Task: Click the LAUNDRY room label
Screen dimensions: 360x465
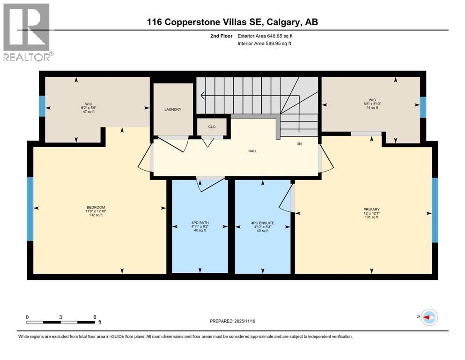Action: click(x=173, y=109)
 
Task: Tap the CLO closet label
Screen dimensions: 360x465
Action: click(x=212, y=126)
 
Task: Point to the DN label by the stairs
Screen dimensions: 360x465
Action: click(x=299, y=144)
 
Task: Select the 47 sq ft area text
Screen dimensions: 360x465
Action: click(x=85, y=112)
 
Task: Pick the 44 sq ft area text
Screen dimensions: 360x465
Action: click(x=372, y=108)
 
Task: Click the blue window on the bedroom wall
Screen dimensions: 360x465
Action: click(x=30, y=209)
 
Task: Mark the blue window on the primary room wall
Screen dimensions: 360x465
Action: click(x=435, y=210)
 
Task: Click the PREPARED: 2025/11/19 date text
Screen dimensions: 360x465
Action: click(x=232, y=321)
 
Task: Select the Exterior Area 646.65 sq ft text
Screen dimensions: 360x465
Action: click(x=266, y=36)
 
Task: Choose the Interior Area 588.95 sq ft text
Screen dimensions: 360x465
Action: click(x=264, y=44)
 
